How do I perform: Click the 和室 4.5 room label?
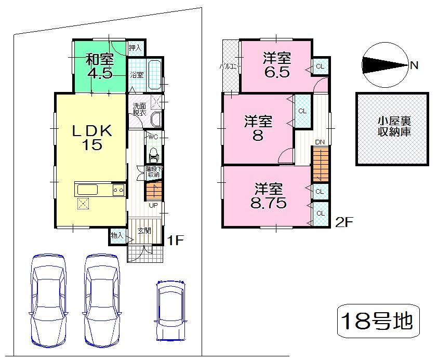(x=99, y=65)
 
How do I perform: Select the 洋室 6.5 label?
(x=276, y=64)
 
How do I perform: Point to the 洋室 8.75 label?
(x=268, y=196)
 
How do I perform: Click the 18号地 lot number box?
(x=377, y=321)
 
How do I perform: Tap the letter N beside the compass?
(x=414, y=65)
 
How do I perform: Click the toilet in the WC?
(x=153, y=154)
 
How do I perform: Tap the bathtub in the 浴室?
(x=155, y=70)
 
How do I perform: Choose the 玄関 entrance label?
(x=144, y=231)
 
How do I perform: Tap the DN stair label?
(x=320, y=142)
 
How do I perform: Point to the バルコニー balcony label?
(x=229, y=66)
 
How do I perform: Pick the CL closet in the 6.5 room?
(x=320, y=66)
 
